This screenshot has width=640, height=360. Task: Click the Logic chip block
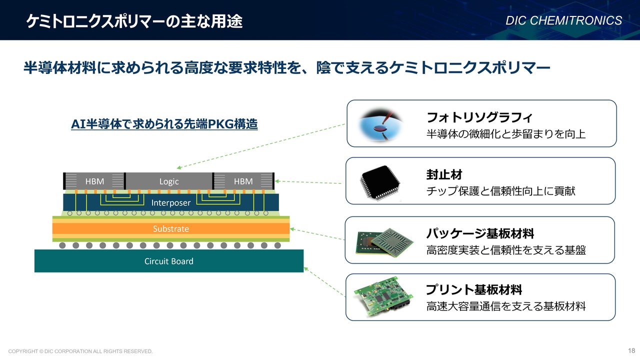point(169,181)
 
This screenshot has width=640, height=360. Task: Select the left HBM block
point(94,181)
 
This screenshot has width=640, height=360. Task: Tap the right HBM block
point(243,181)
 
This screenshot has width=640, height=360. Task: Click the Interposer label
point(171,202)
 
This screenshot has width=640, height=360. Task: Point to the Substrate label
point(171,228)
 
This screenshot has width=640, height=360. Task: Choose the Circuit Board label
point(169,261)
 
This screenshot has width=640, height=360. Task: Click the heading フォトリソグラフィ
point(479,117)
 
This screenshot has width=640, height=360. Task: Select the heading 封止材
point(444,174)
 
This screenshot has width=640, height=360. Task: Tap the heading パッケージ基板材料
point(480,233)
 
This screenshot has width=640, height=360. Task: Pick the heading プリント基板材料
point(474,289)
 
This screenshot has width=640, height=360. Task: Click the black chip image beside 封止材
point(380,182)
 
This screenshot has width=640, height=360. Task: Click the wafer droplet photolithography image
point(380,124)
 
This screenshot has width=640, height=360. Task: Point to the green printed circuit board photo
point(383,296)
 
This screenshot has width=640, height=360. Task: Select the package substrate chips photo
point(384,242)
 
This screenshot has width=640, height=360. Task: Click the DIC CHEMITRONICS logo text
point(563,20)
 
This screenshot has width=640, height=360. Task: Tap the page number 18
point(631,350)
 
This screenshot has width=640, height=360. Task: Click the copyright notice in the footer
point(80,351)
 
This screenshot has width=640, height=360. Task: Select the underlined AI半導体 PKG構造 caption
point(164,124)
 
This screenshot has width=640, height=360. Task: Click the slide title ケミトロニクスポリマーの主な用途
point(134,21)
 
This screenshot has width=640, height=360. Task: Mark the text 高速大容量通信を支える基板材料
point(506,306)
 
